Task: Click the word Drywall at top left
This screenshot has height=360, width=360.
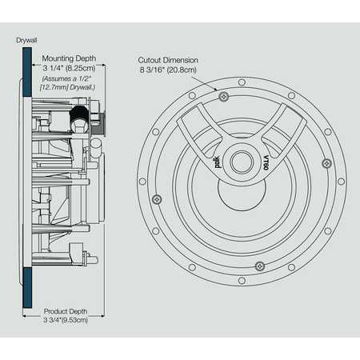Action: [27, 38]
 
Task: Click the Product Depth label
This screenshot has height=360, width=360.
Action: [65, 310]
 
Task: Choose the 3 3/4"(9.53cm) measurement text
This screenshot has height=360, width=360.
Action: [65, 320]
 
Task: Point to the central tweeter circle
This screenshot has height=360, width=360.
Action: [241, 158]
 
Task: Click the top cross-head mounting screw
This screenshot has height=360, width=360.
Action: [223, 96]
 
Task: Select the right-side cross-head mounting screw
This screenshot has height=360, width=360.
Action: [326, 163]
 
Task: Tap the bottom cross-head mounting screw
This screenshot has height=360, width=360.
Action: [258, 265]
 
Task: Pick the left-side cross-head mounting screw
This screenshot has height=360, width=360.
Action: [157, 198]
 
